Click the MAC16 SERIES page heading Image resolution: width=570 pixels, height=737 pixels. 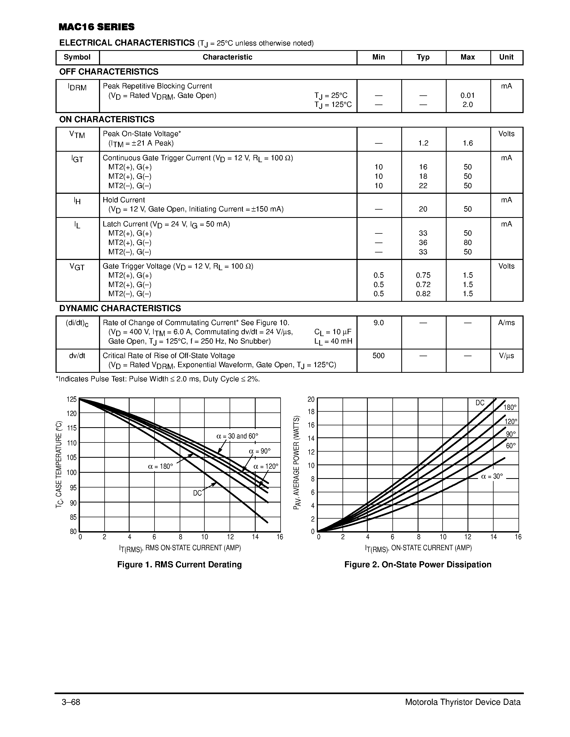[x=96, y=27]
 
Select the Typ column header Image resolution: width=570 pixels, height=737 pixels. [x=423, y=57]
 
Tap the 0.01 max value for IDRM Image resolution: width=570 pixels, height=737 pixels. [x=467, y=95]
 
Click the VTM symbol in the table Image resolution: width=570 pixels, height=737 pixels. [x=77, y=135]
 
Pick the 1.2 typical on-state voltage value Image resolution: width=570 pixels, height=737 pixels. [x=423, y=143]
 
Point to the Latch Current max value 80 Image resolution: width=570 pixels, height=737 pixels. [x=467, y=243]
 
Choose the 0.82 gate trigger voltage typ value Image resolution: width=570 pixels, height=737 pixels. [x=423, y=293]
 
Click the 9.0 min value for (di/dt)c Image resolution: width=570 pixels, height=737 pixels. [x=378, y=323]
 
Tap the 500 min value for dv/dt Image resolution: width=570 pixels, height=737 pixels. [x=378, y=356]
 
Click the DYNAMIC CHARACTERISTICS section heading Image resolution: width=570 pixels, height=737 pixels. [x=120, y=308]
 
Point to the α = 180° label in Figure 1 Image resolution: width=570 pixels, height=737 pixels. [x=160, y=467]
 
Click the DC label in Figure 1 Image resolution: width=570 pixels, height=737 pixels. [x=197, y=493]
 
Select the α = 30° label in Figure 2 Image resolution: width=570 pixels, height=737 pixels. [x=492, y=477]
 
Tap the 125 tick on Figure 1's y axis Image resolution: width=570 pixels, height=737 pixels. [x=72, y=400]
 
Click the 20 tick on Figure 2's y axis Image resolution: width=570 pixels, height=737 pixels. [x=311, y=400]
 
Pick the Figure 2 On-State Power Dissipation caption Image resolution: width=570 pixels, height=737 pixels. [x=418, y=565]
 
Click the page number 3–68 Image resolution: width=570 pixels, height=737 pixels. [x=71, y=702]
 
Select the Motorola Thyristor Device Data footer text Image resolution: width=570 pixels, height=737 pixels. [x=463, y=702]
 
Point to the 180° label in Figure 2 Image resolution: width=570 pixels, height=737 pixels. [x=510, y=408]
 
